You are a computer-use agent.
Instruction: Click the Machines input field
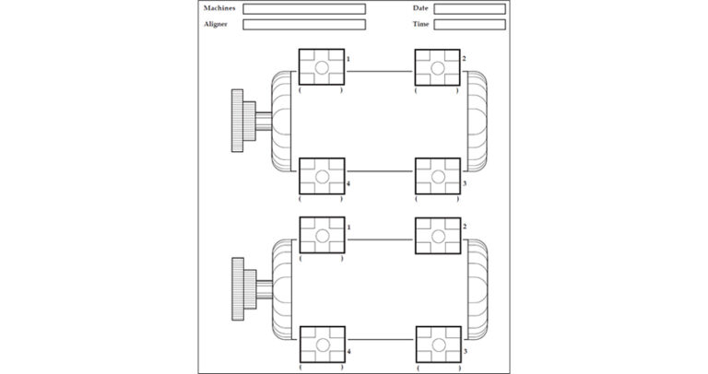(x=303, y=9)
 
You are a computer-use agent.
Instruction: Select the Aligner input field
(x=303, y=25)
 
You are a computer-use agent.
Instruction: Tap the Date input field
(x=469, y=9)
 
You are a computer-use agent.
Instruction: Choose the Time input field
(x=469, y=25)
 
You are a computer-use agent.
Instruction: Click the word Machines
(x=219, y=8)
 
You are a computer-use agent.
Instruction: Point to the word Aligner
(x=216, y=24)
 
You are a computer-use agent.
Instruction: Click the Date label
(x=420, y=8)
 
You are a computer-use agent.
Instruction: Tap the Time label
(x=420, y=24)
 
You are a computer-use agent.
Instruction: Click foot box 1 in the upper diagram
(x=322, y=67)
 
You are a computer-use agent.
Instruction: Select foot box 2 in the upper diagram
(x=437, y=67)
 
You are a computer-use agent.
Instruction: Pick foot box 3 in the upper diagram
(x=437, y=176)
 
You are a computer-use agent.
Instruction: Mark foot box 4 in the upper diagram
(x=322, y=176)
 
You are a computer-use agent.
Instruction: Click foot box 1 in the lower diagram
(x=322, y=235)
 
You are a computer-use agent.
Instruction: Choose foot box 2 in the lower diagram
(x=437, y=235)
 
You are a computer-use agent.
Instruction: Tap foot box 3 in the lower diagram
(x=437, y=344)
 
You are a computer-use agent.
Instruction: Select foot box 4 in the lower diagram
(x=322, y=344)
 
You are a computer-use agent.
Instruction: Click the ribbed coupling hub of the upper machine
(x=238, y=121)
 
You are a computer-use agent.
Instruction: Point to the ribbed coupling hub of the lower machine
(x=238, y=288)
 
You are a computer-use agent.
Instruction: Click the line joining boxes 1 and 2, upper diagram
(x=379, y=70)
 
